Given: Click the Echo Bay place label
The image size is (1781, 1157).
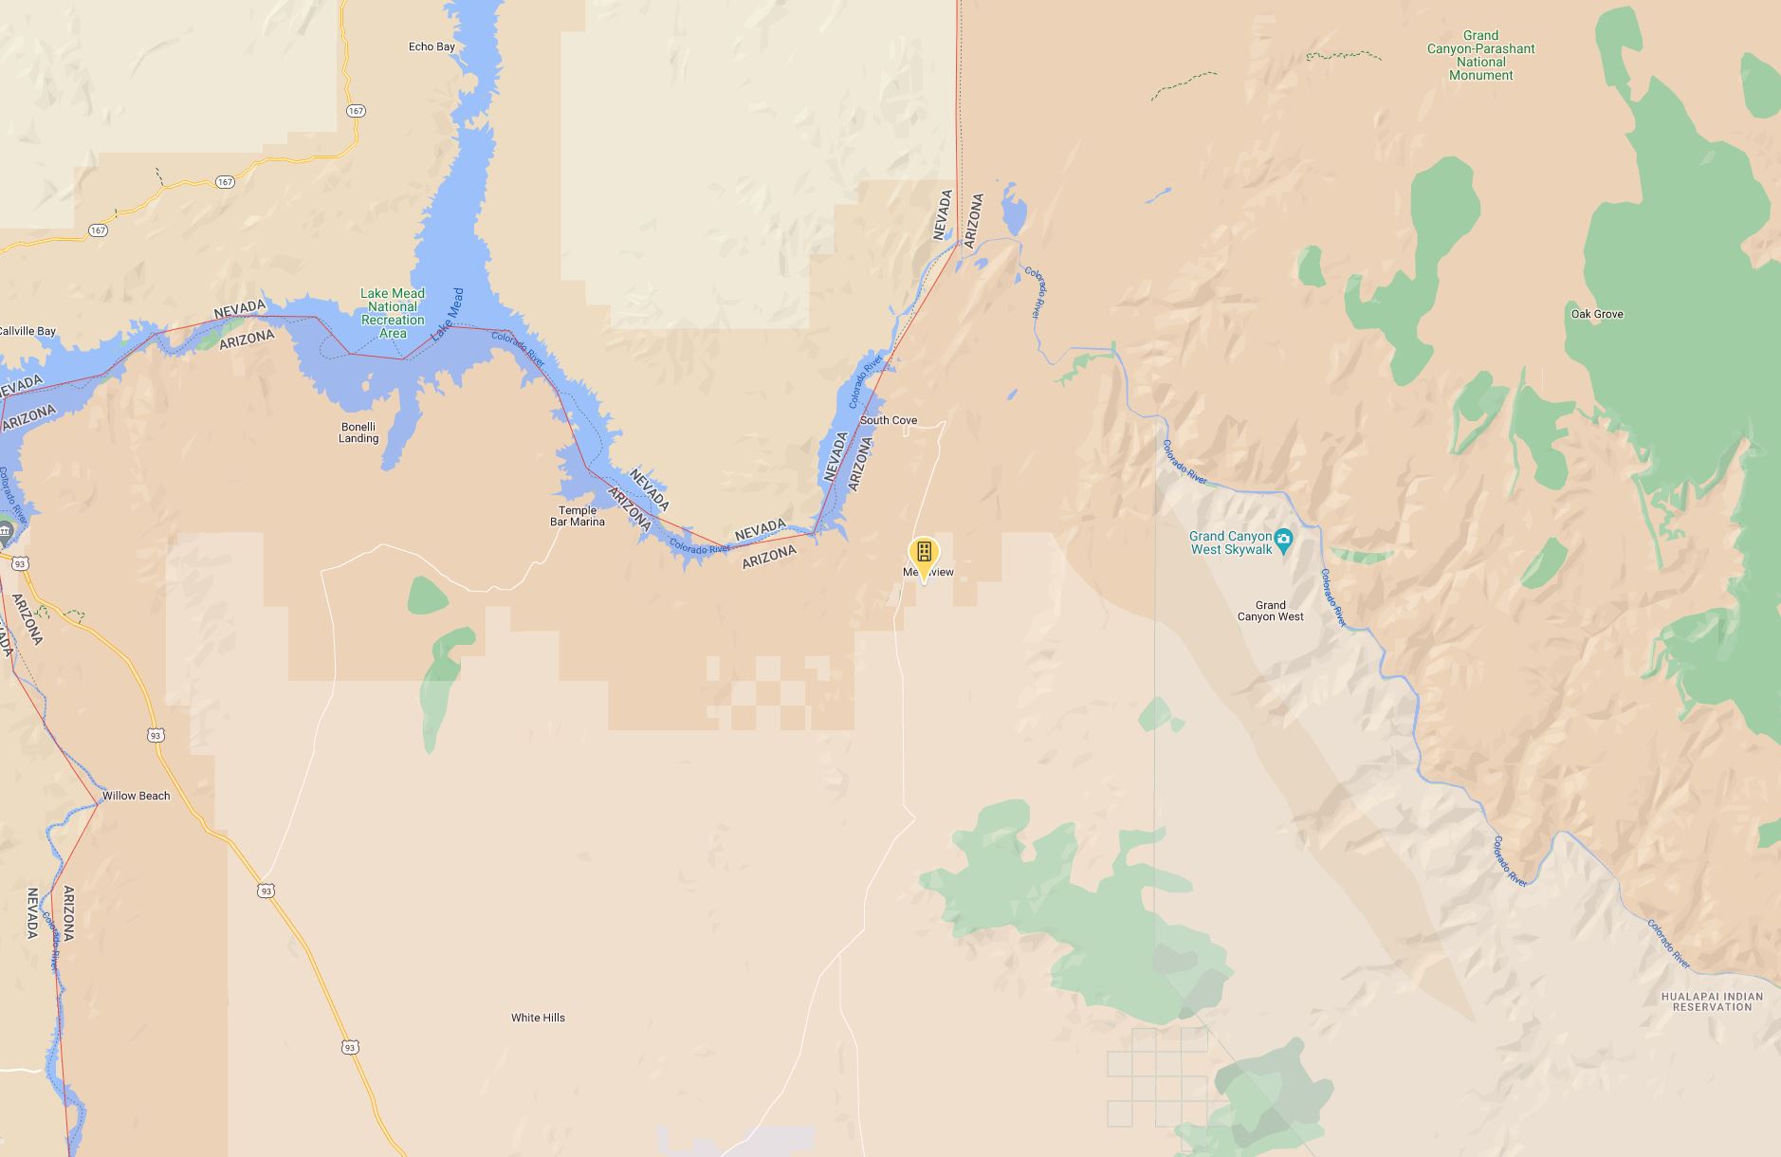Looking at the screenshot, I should tap(431, 46).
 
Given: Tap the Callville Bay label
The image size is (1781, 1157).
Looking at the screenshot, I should tap(28, 331).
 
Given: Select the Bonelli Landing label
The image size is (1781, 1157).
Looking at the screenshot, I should tap(358, 432).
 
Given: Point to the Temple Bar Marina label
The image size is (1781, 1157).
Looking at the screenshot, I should tap(577, 516).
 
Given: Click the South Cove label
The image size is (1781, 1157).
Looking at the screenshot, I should tap(889, 420).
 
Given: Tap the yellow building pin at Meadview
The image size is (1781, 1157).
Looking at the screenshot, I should tap(924, 553).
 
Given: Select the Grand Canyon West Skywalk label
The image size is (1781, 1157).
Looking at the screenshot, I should tap(1230, 542).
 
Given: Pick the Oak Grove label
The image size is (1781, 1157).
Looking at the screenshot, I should tap(1597, 314).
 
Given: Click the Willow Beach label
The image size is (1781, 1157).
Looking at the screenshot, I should tap(136, 796).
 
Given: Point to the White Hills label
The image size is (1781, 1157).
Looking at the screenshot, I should tap(538, 1018).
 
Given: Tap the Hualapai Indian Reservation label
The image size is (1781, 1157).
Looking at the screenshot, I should tap(1712, 1001).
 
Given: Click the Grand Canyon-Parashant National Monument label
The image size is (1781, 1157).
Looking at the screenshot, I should tap(1480, 55).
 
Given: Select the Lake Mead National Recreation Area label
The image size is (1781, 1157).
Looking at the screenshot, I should tap(392, 313).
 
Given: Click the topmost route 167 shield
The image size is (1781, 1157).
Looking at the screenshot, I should tap(356, 111).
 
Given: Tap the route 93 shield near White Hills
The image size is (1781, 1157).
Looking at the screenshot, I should tap(351, 1047).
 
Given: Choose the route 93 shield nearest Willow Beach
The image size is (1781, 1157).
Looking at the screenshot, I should tap(156, 735).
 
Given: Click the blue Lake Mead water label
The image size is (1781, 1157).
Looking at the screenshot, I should tap(447, 315).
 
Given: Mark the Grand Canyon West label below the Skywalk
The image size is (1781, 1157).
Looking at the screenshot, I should tap(1270, 611).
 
